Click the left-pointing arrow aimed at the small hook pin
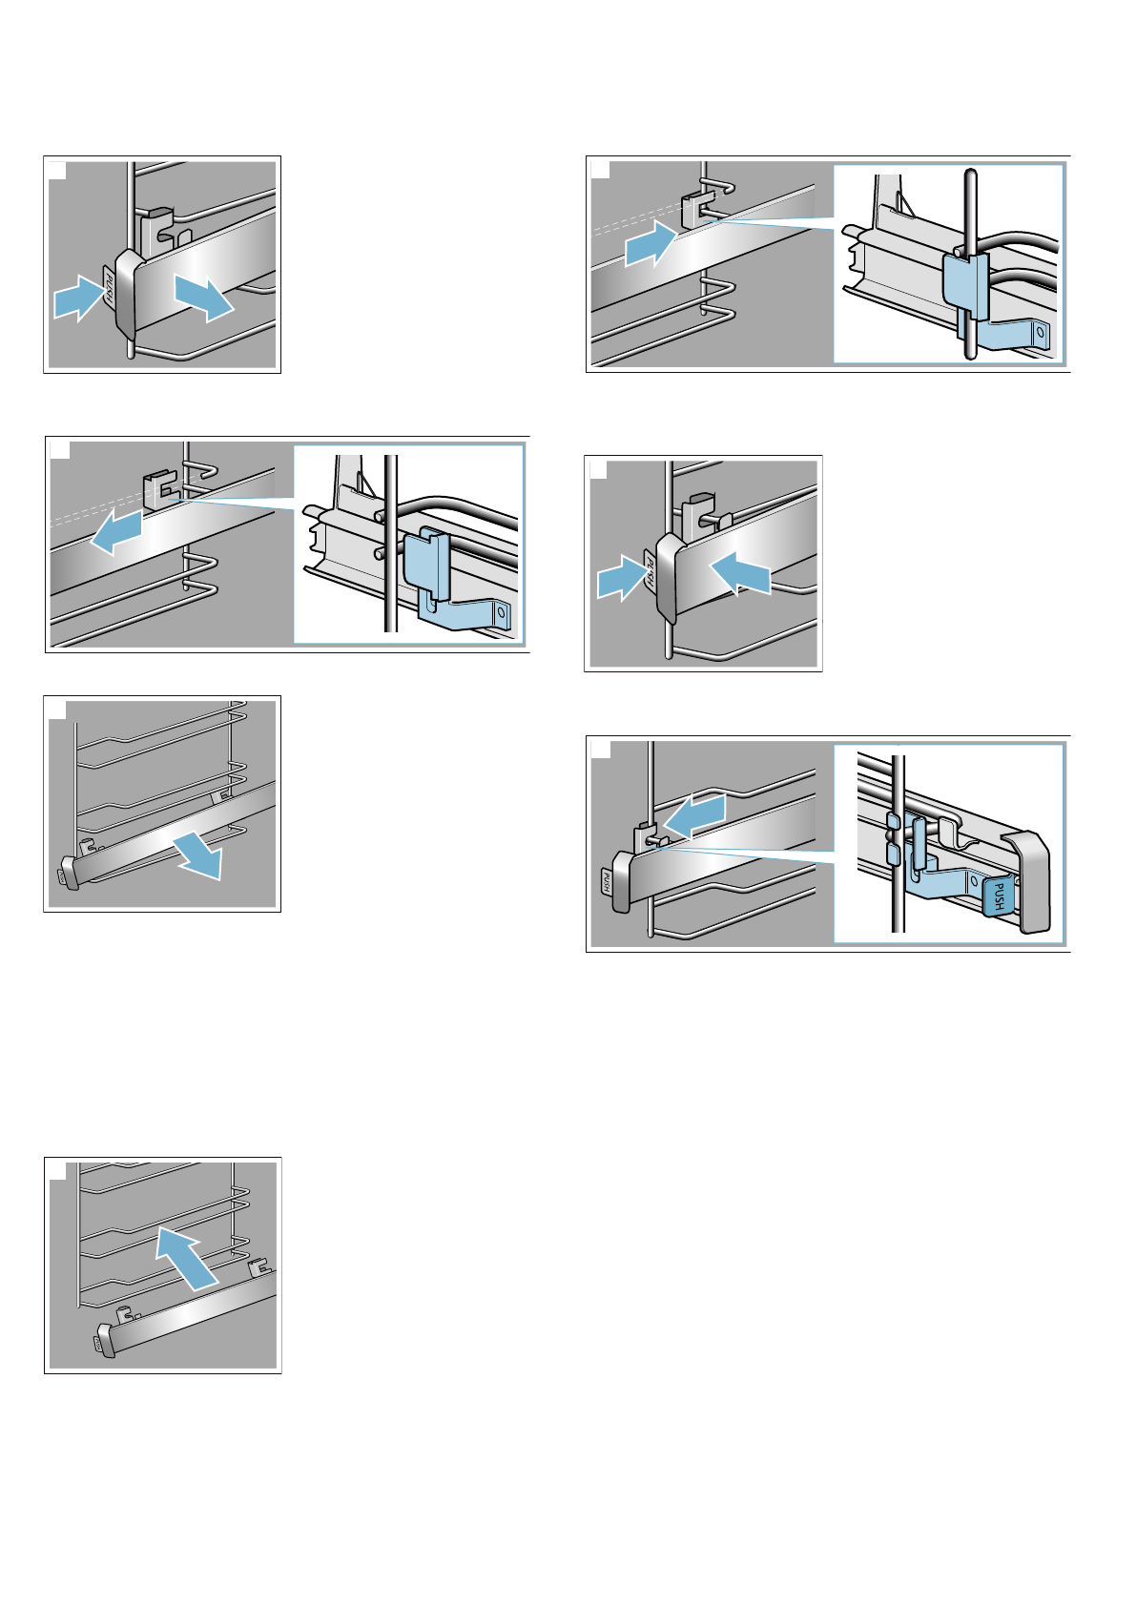(x=694, y=816)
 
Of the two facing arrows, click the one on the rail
(x=740, y=572)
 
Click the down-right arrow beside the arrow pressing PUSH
(x=203, y=298)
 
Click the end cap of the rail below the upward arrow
(x=105, y=1339)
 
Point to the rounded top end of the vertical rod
(x=970, y=175)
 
